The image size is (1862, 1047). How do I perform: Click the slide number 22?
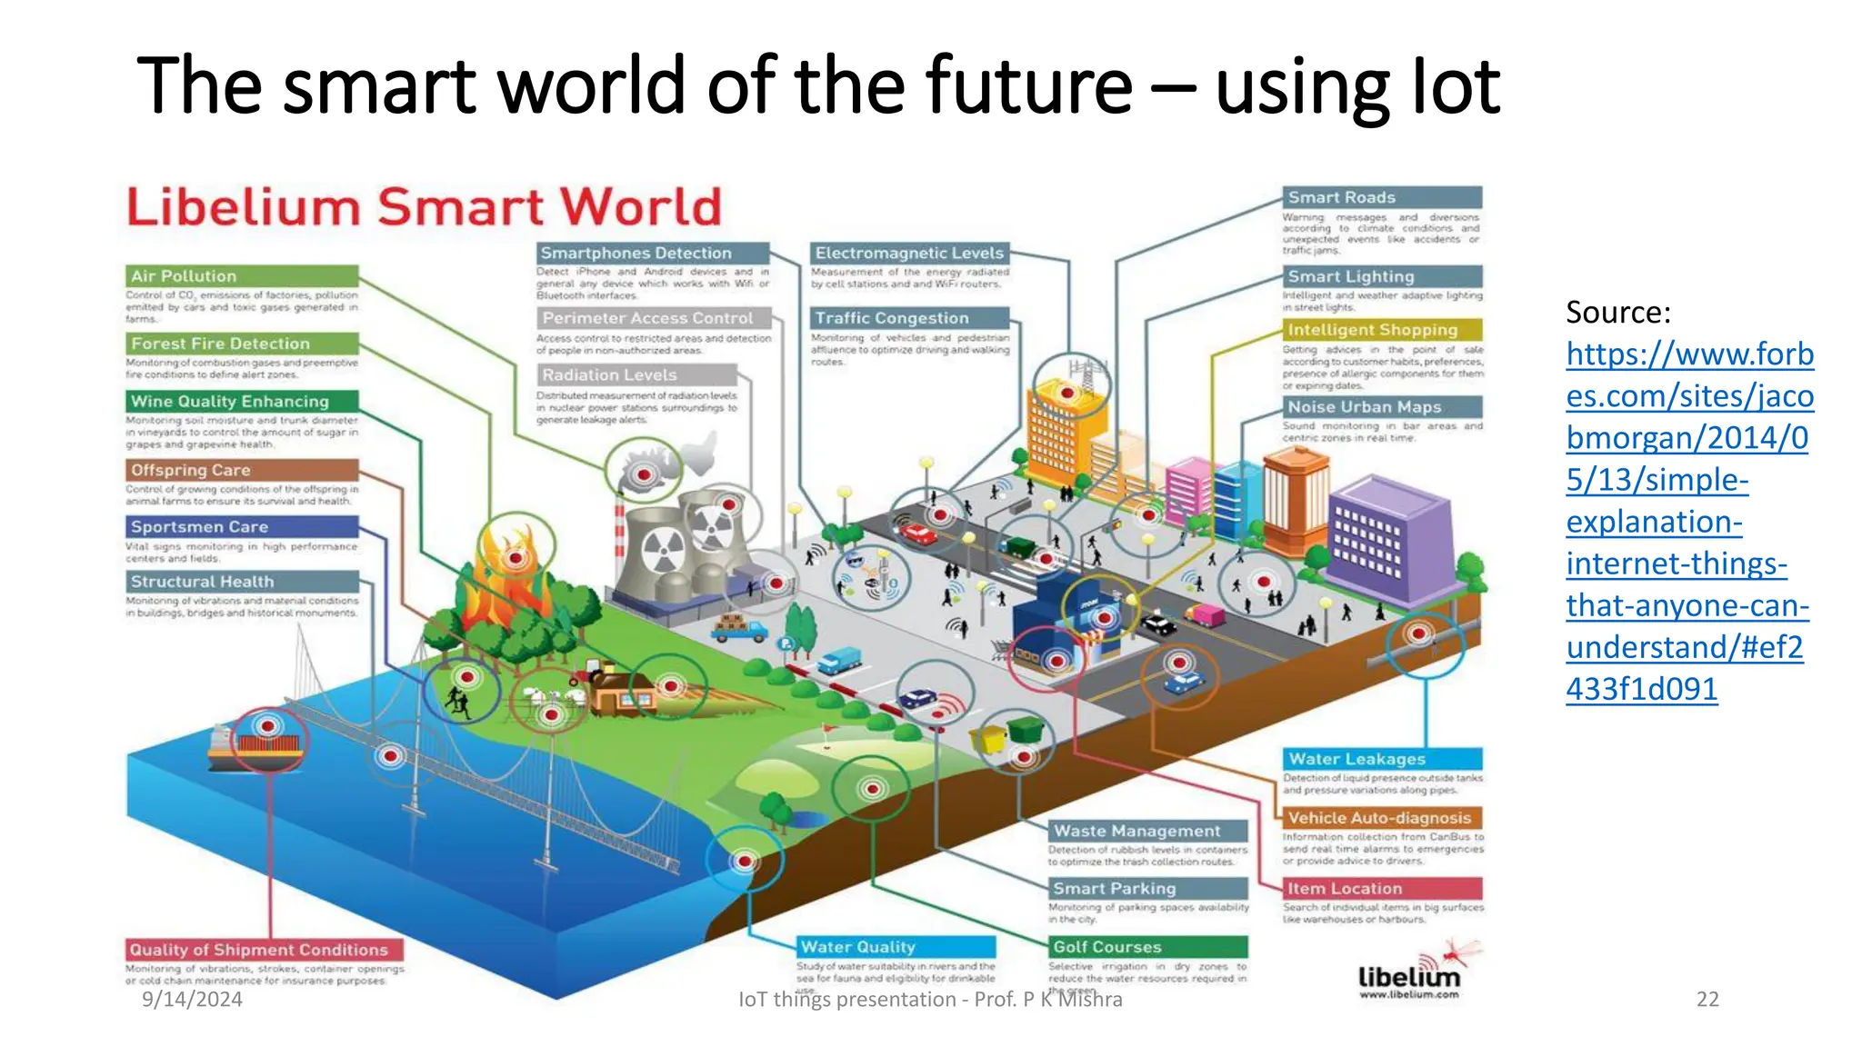(x=1707, y=1000)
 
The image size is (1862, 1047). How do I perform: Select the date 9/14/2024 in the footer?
(x=192, y=1000)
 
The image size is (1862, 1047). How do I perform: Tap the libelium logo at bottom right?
(x=1409, y=977)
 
